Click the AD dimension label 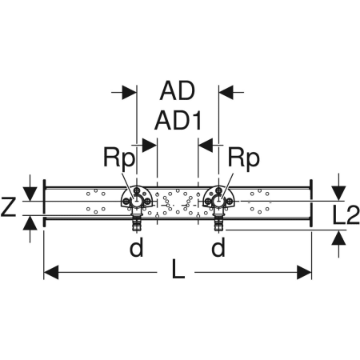tap(178, 91)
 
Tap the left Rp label tap(119, 158)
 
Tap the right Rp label tap(243, 158)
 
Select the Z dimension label tap(8, 206)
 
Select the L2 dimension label tap(346, 214)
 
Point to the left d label tap(136, 247)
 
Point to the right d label tap(218, 247)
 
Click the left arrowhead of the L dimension tap(50, 272)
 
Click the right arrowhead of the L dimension tap(304, 272)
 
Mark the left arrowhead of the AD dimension tap(130, 93)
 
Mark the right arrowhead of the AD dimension tap(226, 93)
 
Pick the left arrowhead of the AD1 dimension tap(150, 146)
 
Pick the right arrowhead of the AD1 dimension tap(206, 146)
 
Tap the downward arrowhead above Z tap(30, 194)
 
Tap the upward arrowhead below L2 tap(338, 238)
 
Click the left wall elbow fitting tap(137, 198)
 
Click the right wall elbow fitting tap(218, 198)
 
